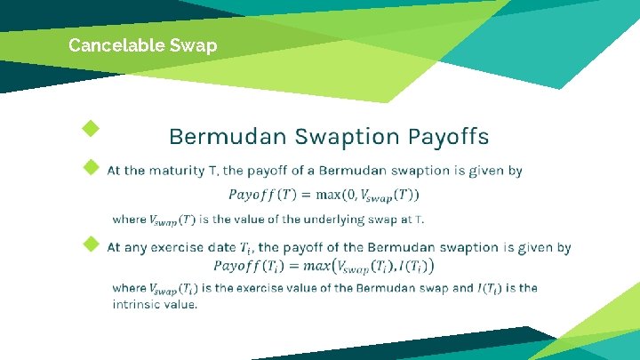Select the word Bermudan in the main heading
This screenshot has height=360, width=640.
point(227,137)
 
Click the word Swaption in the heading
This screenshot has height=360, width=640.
point(348,137)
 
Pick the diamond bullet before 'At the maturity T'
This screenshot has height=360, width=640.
point(90,166)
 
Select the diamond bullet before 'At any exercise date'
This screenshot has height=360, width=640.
point(90,244)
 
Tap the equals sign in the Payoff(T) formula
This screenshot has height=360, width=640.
point(305,195)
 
